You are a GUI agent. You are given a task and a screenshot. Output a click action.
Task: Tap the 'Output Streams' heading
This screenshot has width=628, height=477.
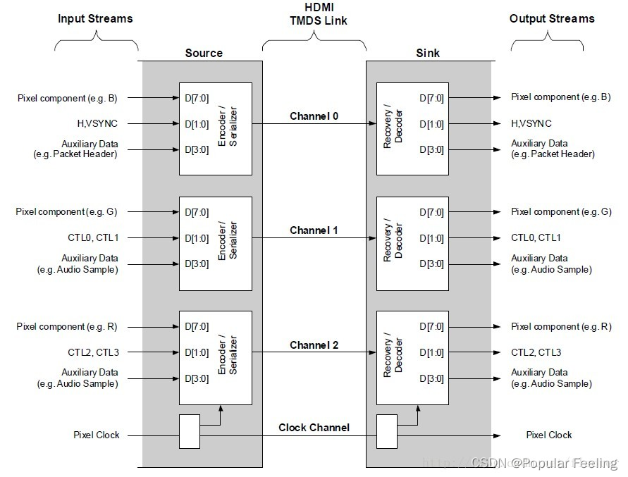click(552, 19)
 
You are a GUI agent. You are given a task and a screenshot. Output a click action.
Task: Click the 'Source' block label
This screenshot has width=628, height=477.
click(204, 54)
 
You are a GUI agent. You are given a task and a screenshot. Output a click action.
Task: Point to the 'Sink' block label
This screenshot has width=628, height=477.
click(428, 54)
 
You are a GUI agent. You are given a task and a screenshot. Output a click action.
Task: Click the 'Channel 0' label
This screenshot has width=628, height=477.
click(314, 116)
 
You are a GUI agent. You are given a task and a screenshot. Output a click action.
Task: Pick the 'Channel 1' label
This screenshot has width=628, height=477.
click(314, 230)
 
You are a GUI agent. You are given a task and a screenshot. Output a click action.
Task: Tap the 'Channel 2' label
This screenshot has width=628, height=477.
click(314, 345)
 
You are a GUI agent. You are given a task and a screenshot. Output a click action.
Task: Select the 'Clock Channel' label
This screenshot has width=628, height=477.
click(314, 428)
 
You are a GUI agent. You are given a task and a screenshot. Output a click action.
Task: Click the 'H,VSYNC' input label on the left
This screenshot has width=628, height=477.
click(98, 124)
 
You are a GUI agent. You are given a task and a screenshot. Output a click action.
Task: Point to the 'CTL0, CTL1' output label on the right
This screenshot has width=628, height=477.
click(536, 238)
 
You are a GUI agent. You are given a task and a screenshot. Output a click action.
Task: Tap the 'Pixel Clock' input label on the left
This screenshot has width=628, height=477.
click(97, 435)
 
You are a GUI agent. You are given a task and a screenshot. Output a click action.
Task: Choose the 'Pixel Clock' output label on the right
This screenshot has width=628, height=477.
click(549, 435)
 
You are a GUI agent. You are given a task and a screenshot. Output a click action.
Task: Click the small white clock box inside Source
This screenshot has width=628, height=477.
click(190, 431)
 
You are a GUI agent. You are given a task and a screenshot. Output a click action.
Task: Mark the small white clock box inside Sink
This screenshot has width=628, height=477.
click(387, 431)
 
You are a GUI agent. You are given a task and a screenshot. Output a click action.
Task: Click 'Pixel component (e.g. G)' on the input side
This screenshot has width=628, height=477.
click(68, 212)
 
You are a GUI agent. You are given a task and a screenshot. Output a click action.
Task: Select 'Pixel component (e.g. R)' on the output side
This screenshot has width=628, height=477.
click(561, 327)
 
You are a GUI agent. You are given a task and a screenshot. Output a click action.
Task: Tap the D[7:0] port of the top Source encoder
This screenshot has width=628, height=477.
click(196, 99)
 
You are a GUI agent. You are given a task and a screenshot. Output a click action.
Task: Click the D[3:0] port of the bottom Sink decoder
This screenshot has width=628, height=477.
click(431, 378)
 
